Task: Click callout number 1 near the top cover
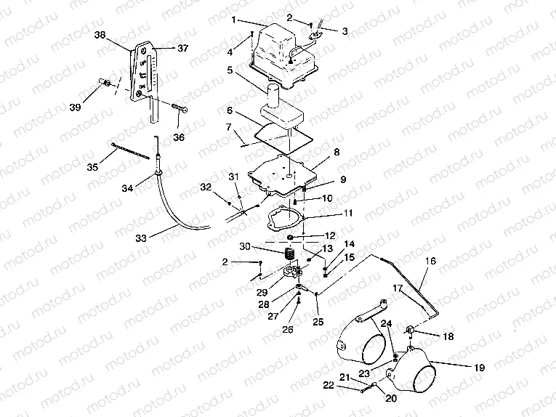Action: point(234,20)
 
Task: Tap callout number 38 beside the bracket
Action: point(120,34)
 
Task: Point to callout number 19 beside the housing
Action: point(479,368)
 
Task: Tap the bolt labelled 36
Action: point(180,108)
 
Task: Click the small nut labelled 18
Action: point(411,332)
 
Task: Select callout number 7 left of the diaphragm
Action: point(230,127)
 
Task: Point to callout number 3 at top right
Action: point(345,31)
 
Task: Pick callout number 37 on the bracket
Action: point(182,49)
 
